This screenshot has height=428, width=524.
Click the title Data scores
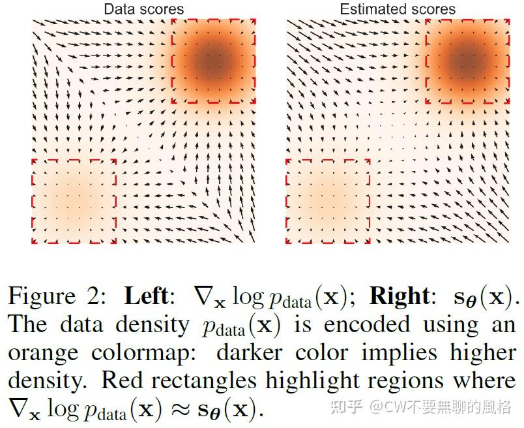click(x=144, y=9)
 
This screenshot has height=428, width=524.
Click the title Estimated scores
click(x=398, y=9)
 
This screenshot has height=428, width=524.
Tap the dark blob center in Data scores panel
click(x=213, y=60)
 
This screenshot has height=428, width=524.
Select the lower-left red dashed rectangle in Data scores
click(x=74, y=200)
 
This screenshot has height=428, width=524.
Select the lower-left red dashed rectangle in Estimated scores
click(x=328, y=200)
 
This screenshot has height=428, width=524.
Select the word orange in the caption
click(x=44, y=353)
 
